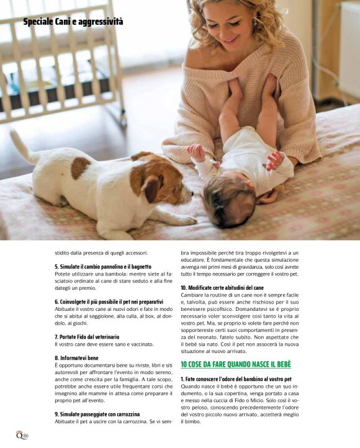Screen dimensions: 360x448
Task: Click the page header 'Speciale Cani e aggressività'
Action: (x=73, y=22)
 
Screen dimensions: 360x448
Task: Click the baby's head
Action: (x=228, y=200)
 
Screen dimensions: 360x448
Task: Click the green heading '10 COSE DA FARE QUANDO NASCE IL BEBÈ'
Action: (x=235, y=364)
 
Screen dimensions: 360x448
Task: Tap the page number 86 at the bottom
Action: (x=25, y=436)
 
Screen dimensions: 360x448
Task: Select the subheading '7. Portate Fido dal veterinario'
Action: (x=87, y=336)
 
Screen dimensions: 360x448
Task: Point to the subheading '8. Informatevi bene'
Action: (x=77, y=357)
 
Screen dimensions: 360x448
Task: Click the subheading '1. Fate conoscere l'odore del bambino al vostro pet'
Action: (x=236, y=379)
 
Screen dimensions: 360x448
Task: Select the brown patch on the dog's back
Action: (x=79, y=167)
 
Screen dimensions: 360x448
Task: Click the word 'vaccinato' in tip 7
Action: (x=141, y=344)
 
